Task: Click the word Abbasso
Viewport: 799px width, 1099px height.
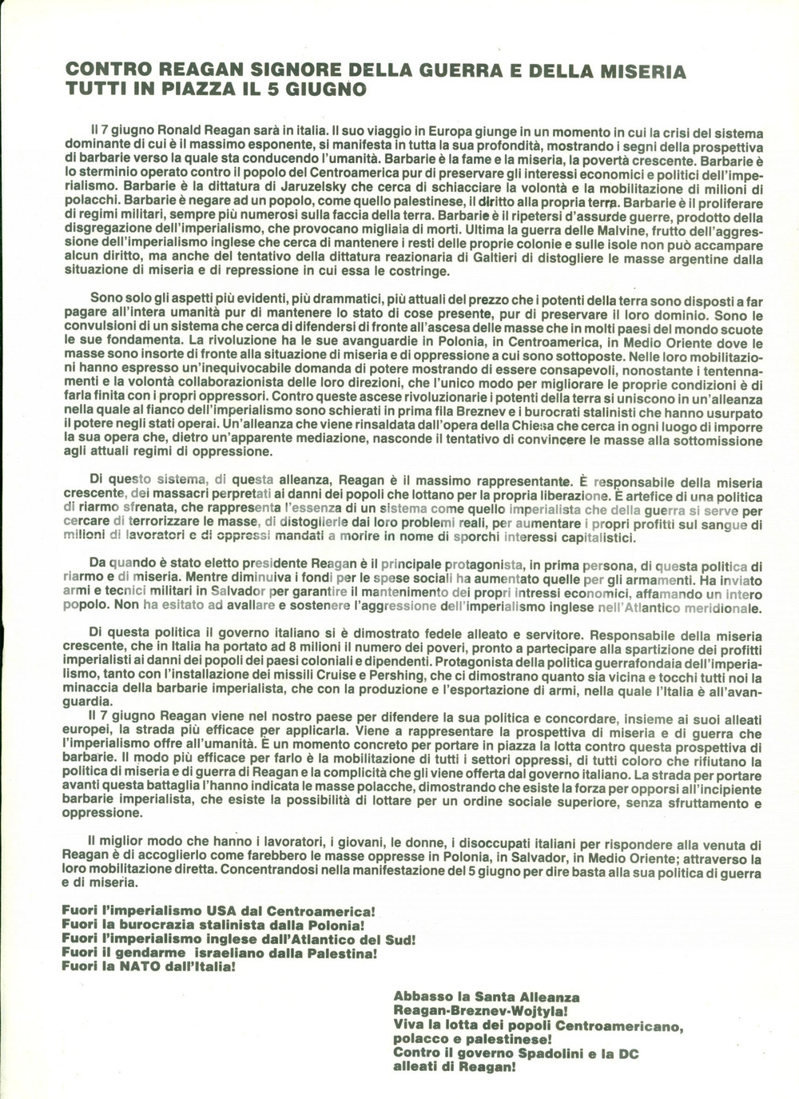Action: tap(419, 997)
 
